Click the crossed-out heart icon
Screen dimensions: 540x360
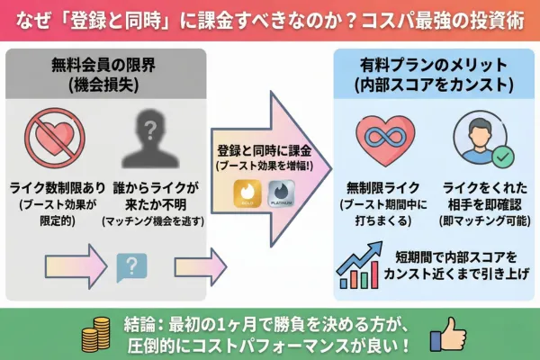click(57, 137)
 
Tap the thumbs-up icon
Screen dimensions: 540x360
click(447, 334)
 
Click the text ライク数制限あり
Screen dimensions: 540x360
click(57, 188)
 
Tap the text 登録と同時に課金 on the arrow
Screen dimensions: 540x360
click(262, 149)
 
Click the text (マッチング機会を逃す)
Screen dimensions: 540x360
click(144, 221)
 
